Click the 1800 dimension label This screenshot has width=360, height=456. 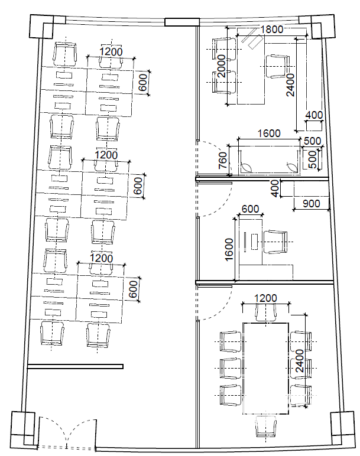[x=271, y=30]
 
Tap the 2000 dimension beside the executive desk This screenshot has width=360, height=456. [x=222, y=66]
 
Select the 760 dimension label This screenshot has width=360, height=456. [x=223, y=160]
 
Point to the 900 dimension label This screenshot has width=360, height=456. [x=312, y=204]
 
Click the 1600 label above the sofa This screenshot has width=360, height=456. [x=269, y=133]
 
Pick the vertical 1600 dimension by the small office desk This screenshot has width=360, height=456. [x=229, y=249]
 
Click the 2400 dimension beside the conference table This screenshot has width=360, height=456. [x=300, y=361]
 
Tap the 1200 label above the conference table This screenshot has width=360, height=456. [x=265, y=298]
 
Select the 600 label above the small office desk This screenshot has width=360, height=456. [x=250, y=209]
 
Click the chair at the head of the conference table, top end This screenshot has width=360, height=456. [x=265, y=312]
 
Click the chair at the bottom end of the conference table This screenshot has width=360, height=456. [x=265, y=426]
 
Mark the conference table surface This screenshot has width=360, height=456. [x=265, y=368]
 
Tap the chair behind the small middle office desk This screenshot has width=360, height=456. [x=275, y=242]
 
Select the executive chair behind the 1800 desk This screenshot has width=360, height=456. [x=278, y=66]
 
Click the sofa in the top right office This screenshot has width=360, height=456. [x=269, y=160]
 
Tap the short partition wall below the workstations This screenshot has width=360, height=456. [x=75, y=366]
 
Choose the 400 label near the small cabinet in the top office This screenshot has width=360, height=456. [x=314, y=115]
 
